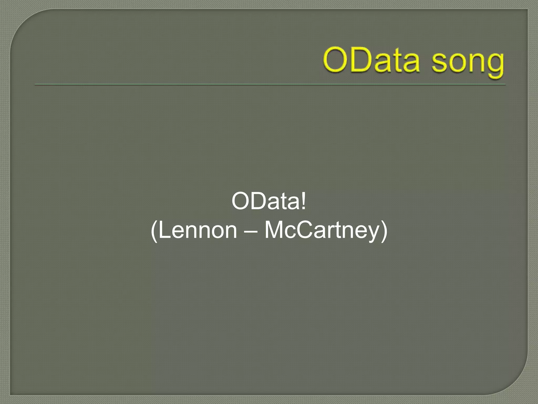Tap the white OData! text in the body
[x=268, y=201]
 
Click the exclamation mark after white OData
[x=304, y=201]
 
